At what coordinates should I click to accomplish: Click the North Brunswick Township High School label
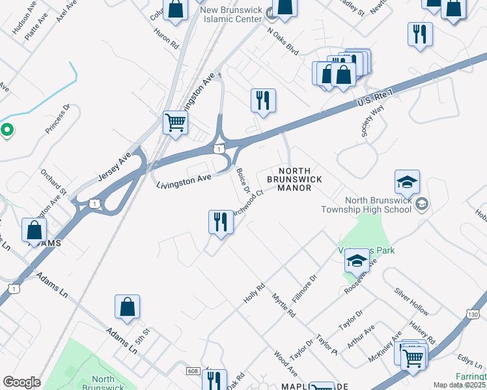(x=369, y=205)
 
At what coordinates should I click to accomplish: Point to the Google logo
(x=21, y=382)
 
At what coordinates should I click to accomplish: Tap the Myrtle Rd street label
(x=284, y=304)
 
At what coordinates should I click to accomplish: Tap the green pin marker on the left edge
(x=7, y=131)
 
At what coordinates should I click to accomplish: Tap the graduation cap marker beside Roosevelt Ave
(x=356, y=261)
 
